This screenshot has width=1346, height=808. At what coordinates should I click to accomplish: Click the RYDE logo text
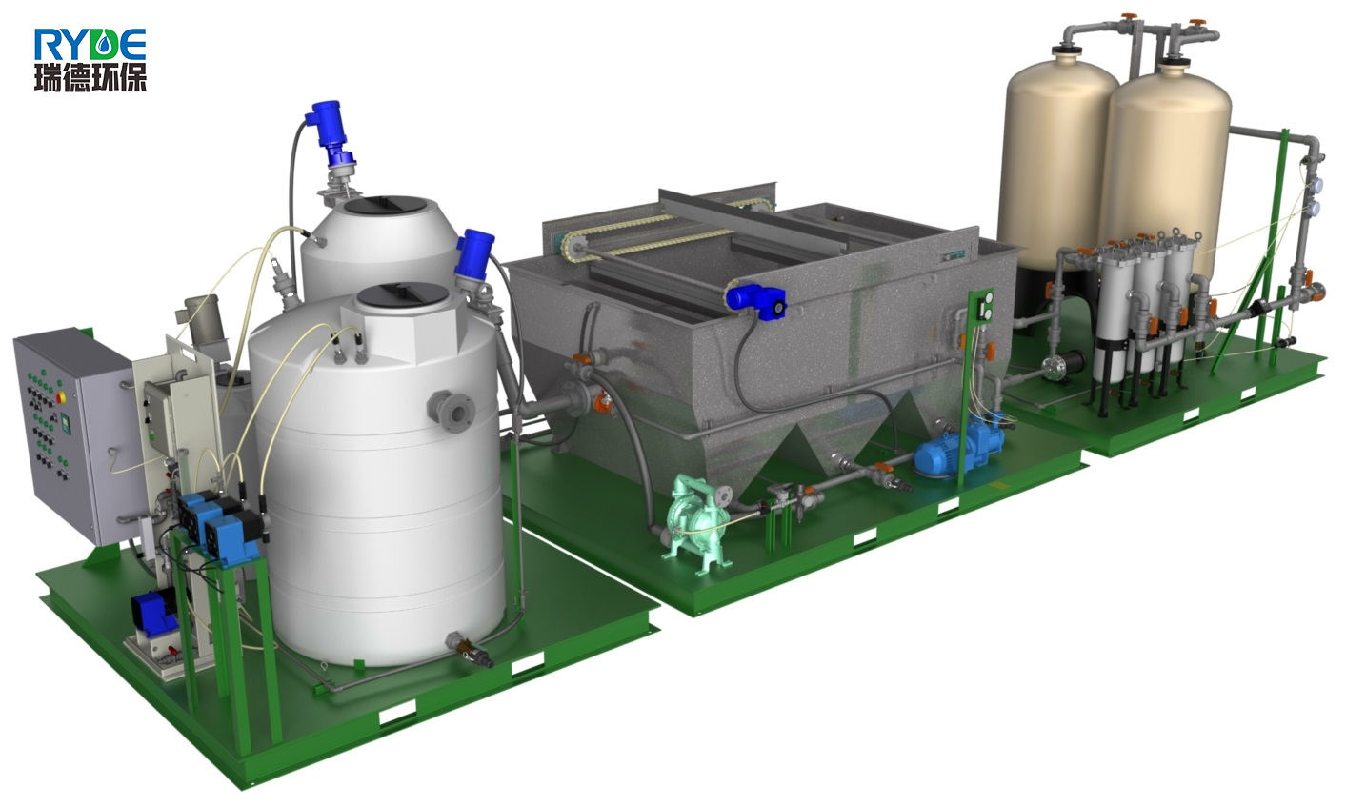point(90,44)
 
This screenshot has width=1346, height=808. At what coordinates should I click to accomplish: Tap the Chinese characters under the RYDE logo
point(90,77)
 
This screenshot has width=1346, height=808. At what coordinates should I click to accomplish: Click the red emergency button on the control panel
point(60,397)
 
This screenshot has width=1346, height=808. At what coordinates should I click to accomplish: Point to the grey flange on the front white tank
point(451,412)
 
